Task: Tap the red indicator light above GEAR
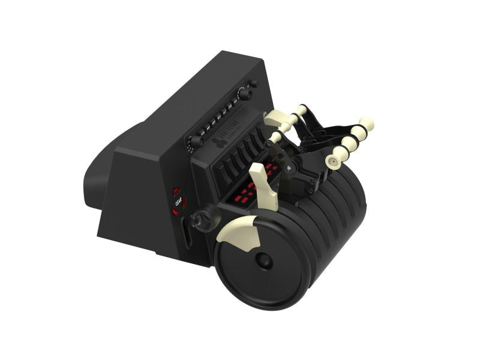tap(176, 191)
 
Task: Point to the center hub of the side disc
tap(263, 260)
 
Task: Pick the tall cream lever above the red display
tap(264, 183)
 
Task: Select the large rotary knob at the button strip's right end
tap(243, 93)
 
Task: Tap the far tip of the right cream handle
tap(367, 123)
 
